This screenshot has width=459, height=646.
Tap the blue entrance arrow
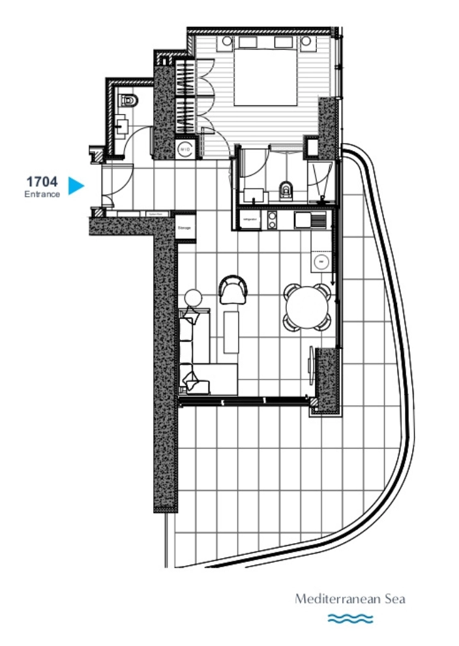point(76,186)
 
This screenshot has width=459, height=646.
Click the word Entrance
point(42,194)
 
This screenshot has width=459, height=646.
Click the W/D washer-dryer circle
point(184,148)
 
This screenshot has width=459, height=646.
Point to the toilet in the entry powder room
point(130,101)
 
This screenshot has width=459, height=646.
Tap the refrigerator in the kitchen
point(248,219)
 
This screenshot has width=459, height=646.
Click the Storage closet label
point(185,228)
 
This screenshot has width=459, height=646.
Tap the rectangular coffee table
point(231,331)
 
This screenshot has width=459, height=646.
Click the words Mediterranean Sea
point(349,598)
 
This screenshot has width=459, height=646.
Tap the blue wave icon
point(349,618)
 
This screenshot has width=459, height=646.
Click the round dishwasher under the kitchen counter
point(321,261)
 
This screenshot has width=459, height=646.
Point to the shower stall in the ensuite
point(321,177)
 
